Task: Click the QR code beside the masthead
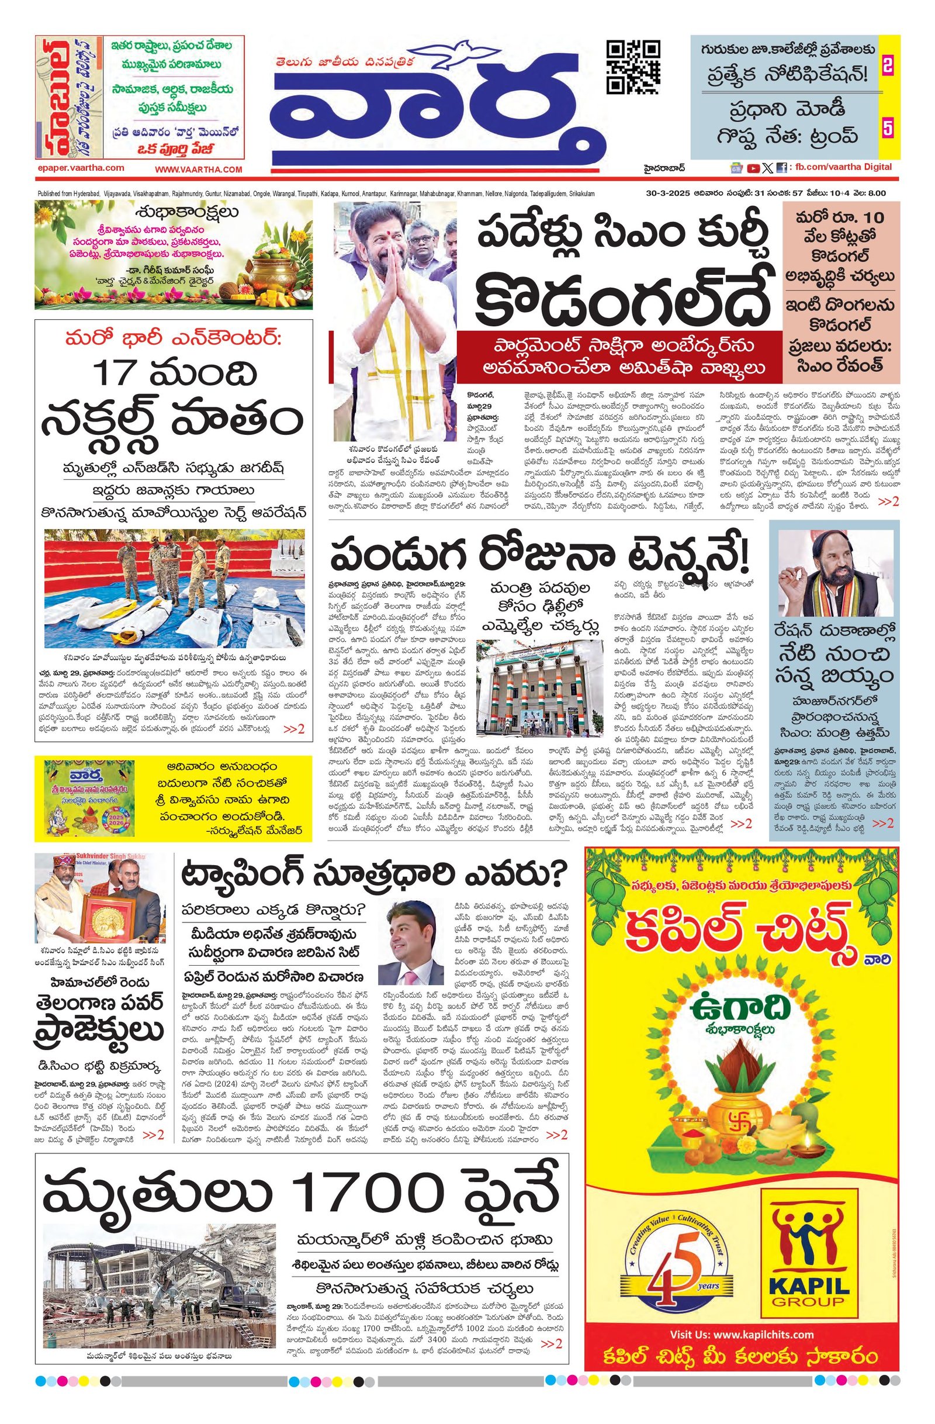pos(633,67)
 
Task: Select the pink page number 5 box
pos(888,129)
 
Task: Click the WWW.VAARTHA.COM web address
pos(199,170)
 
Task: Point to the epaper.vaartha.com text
pos(80,168)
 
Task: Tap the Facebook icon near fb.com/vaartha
pos(781,168)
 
